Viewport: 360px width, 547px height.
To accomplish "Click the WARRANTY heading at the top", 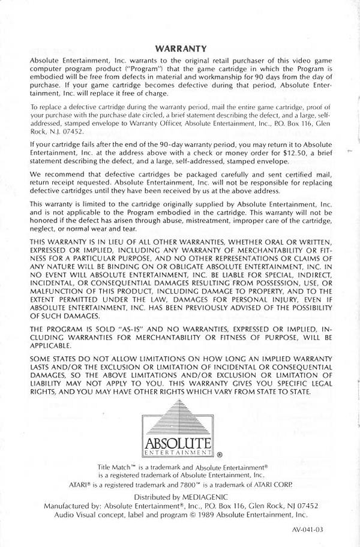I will point(181,49).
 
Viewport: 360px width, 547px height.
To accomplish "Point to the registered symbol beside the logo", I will point(219,455).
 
